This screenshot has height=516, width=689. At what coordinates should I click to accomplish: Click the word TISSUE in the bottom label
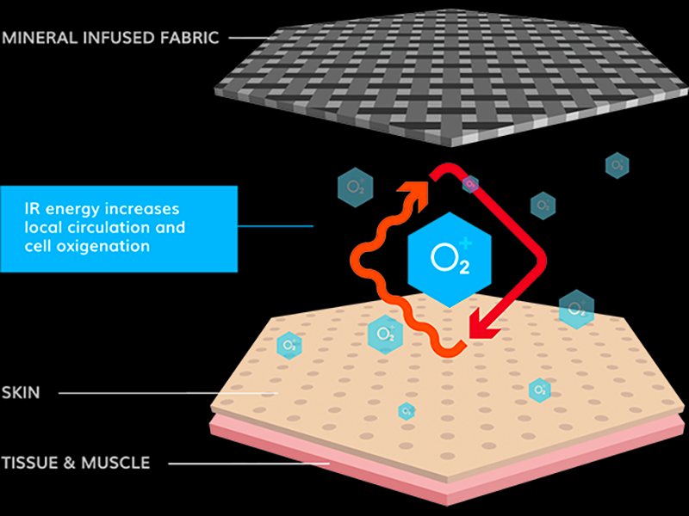pos(29,463)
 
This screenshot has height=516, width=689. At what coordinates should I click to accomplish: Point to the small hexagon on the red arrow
pos(469,183)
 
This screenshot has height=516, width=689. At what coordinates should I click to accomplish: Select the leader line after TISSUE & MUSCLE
pos(250,464)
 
